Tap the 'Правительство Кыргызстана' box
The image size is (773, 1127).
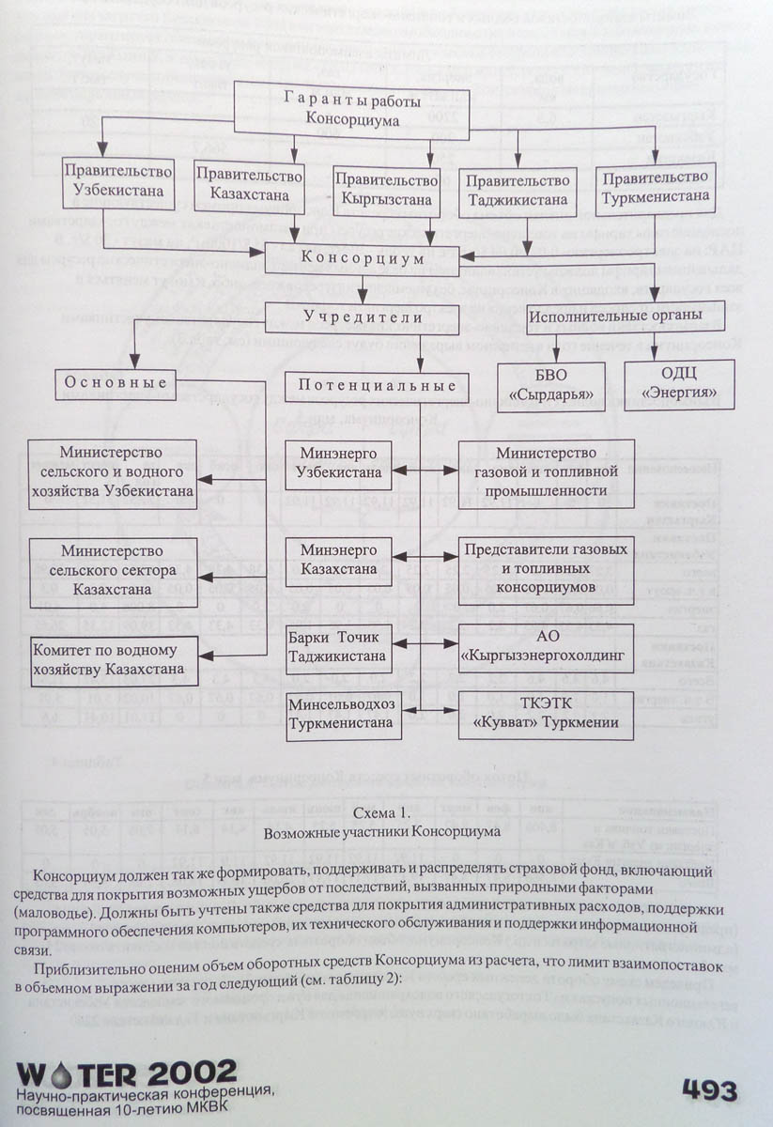point(386,189)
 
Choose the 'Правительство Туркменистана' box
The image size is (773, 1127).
point(656,187)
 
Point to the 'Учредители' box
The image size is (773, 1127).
point(363,317)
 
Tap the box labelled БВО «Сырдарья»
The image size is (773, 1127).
point(550,385)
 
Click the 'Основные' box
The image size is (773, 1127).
point(116,382)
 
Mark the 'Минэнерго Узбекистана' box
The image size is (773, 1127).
point(339,463)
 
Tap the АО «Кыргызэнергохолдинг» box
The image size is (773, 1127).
point(545,647)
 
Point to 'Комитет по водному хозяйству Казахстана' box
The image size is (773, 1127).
point(115,660)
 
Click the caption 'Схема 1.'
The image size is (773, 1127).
point(379,811)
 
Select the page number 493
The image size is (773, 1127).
point(709,1091)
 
